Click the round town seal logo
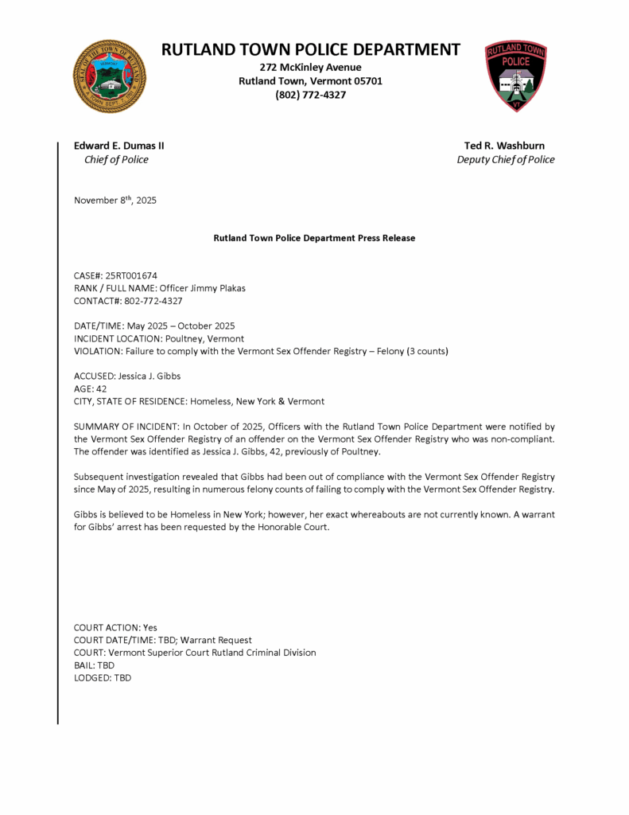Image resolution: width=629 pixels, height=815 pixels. click(110, 76)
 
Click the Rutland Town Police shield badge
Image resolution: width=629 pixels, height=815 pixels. click(516, 76)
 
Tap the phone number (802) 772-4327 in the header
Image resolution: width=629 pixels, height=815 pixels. click(310, 95)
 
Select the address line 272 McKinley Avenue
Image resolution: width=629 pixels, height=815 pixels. click(310, 67)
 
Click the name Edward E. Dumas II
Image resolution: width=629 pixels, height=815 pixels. click(119, 146)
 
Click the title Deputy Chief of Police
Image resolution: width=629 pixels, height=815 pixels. click(505, 159)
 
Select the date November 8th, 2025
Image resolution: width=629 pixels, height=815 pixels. click(115, 201)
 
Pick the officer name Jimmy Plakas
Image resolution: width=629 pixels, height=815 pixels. click(215, 288)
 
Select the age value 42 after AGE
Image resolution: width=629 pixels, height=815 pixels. click(101, 388)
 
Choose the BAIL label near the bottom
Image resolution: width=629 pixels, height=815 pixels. click(83, 665)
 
